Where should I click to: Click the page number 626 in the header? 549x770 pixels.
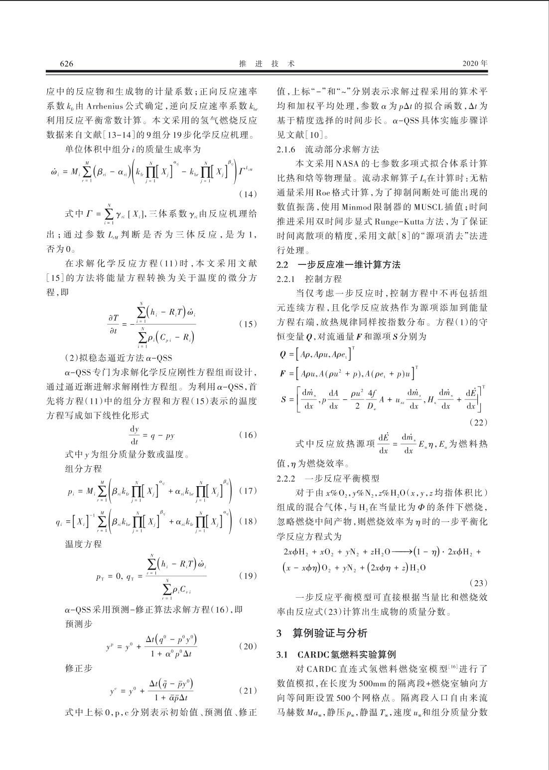tap(67, 64)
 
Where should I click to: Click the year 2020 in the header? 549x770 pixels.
tap(471, 64)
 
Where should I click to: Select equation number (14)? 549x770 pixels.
tap(248, 193)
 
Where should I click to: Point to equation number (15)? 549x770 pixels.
tap(248, 324)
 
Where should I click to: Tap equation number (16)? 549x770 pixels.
tap(248, 435)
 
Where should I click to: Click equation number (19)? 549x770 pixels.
tap(248, 576)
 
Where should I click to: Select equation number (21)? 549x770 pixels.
tap(248, 690)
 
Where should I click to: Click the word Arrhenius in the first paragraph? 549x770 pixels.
tap(107, 106)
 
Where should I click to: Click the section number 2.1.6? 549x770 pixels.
tap(286, 149)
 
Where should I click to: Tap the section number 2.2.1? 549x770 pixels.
tap(286, 279)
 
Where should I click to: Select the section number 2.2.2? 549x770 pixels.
tap(286, 479)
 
